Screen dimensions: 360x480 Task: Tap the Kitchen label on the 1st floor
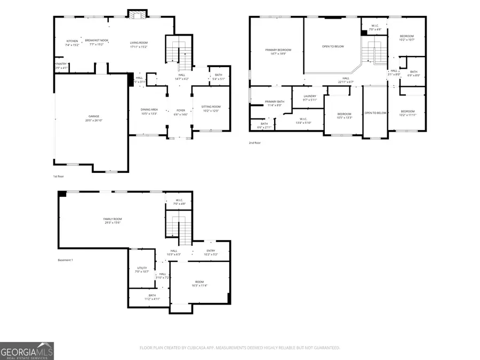(x=72, y=42)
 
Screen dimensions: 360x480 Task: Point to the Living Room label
(x=139, y=43)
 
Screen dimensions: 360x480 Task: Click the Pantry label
(x=61, y=65)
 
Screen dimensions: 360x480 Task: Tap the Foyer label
(x=181, y=110)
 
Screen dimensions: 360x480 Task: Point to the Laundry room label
(x=310, y=97)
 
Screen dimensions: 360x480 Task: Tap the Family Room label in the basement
(x=113, y=219)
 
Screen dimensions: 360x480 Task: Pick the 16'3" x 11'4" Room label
(x=199, y=282)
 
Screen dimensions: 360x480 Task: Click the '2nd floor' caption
(x=255, y=143)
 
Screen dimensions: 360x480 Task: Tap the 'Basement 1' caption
(x=65, y=260)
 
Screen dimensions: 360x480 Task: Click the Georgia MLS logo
(x=27, y=351)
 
